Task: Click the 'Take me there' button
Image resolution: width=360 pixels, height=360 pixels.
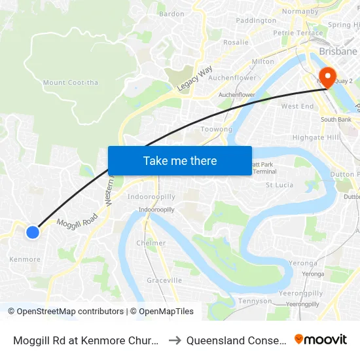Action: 180,160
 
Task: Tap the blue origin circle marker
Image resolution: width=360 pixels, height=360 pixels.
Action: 33,232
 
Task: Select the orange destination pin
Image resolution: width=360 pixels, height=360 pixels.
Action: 325,77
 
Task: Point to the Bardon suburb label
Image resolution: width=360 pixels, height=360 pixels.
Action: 171,14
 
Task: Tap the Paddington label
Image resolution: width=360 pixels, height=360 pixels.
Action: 255,20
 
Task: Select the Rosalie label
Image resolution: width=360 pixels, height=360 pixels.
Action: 236,43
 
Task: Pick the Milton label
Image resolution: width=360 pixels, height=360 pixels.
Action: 262,62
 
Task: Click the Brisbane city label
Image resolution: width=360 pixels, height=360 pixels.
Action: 337,51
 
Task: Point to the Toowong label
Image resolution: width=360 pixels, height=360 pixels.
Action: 216,130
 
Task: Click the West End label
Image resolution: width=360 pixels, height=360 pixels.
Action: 297,106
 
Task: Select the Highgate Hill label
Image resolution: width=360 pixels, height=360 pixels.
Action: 315,137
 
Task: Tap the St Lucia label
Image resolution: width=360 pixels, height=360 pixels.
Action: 279,185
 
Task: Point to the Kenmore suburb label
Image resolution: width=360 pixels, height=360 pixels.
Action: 25,259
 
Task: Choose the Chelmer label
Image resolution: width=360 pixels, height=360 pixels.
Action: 151,243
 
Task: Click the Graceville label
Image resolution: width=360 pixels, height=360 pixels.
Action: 164,280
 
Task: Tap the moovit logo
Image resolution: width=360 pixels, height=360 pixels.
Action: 321,339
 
